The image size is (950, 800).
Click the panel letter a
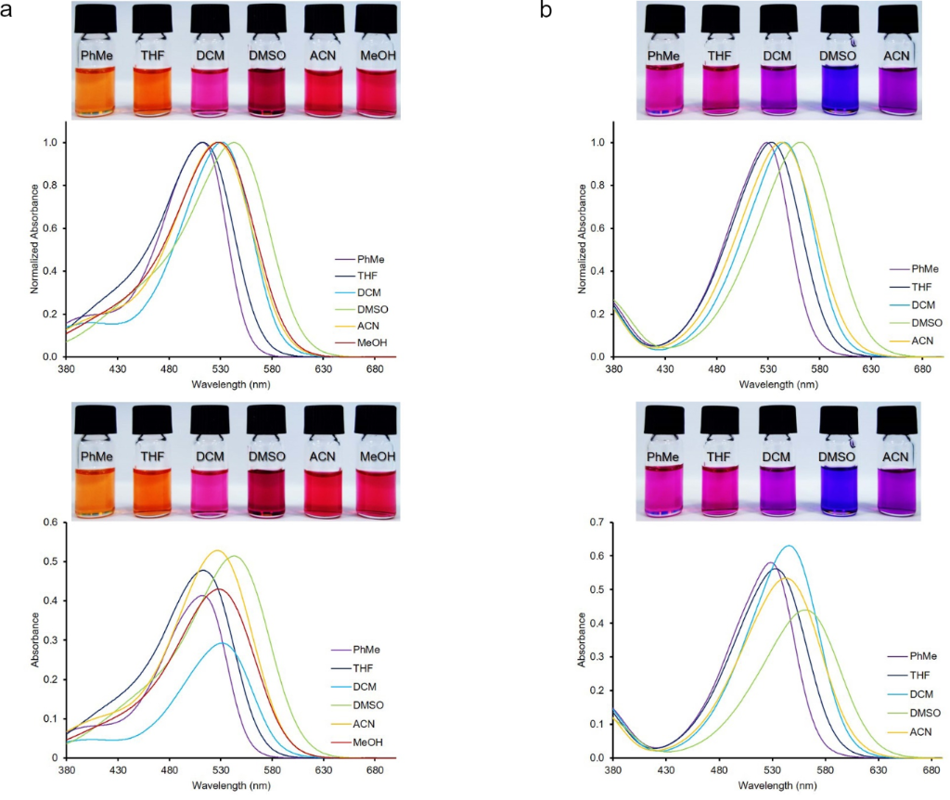click(8, 10)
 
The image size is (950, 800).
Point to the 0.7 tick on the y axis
click(597, 523)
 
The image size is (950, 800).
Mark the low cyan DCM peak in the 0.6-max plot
click(221, 643)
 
